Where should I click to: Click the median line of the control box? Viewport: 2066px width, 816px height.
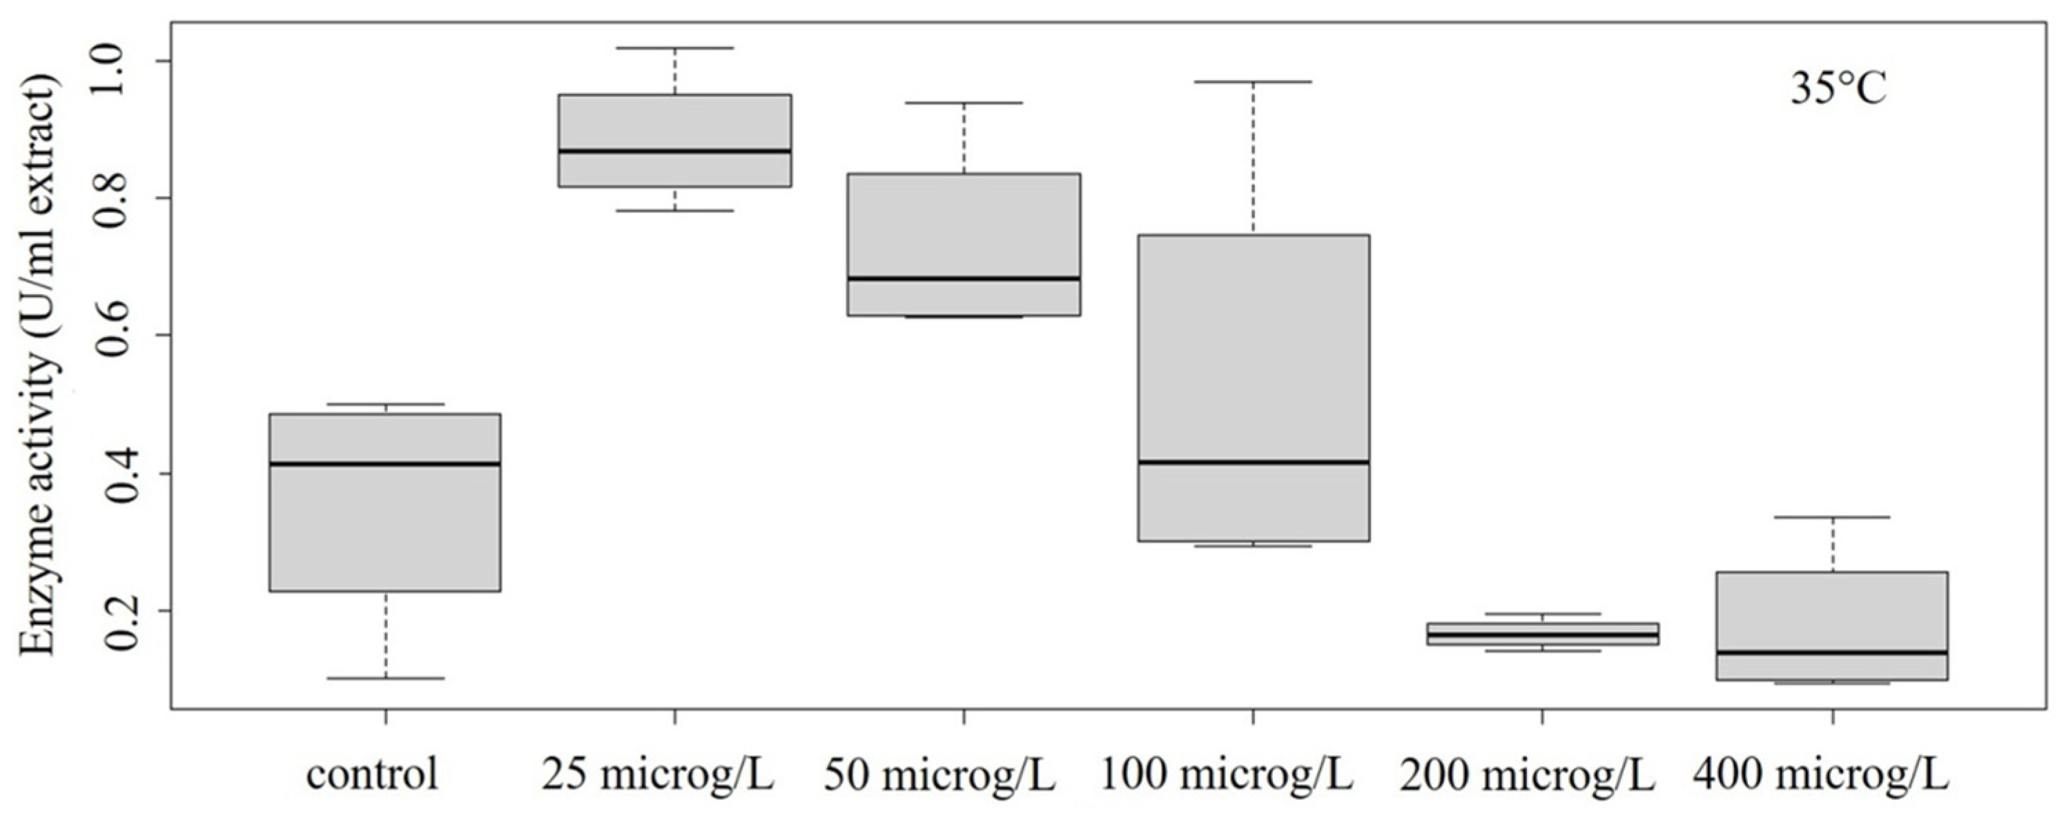coord(385,464)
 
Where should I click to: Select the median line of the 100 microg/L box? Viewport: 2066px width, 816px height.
coord(1253,462)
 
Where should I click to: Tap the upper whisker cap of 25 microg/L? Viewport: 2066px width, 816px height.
coord(674,48)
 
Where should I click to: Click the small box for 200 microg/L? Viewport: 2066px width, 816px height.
coord(1542,634)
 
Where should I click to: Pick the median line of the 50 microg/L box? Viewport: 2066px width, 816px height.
coord(963,278)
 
